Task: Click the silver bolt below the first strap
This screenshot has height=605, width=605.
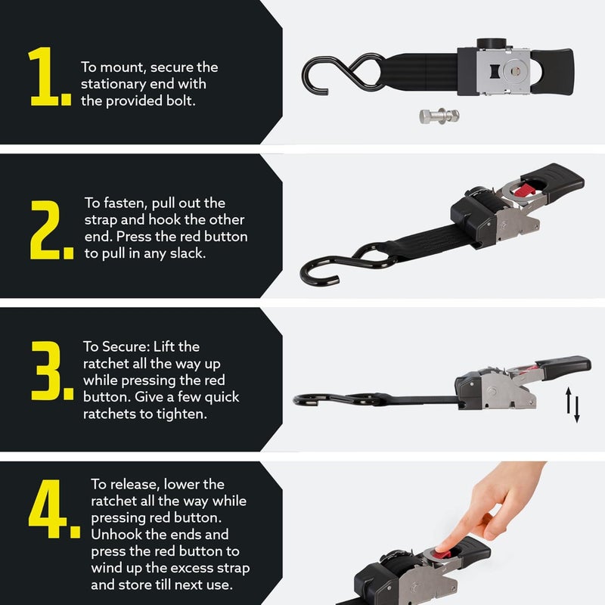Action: pos(439,116)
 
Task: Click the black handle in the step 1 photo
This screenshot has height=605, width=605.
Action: pos(553,71)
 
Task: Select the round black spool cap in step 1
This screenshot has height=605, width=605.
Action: pos(491,44)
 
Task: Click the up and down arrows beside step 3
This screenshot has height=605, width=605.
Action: pos(572,405)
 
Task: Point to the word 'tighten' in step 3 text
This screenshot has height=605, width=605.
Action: pos(181,414)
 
